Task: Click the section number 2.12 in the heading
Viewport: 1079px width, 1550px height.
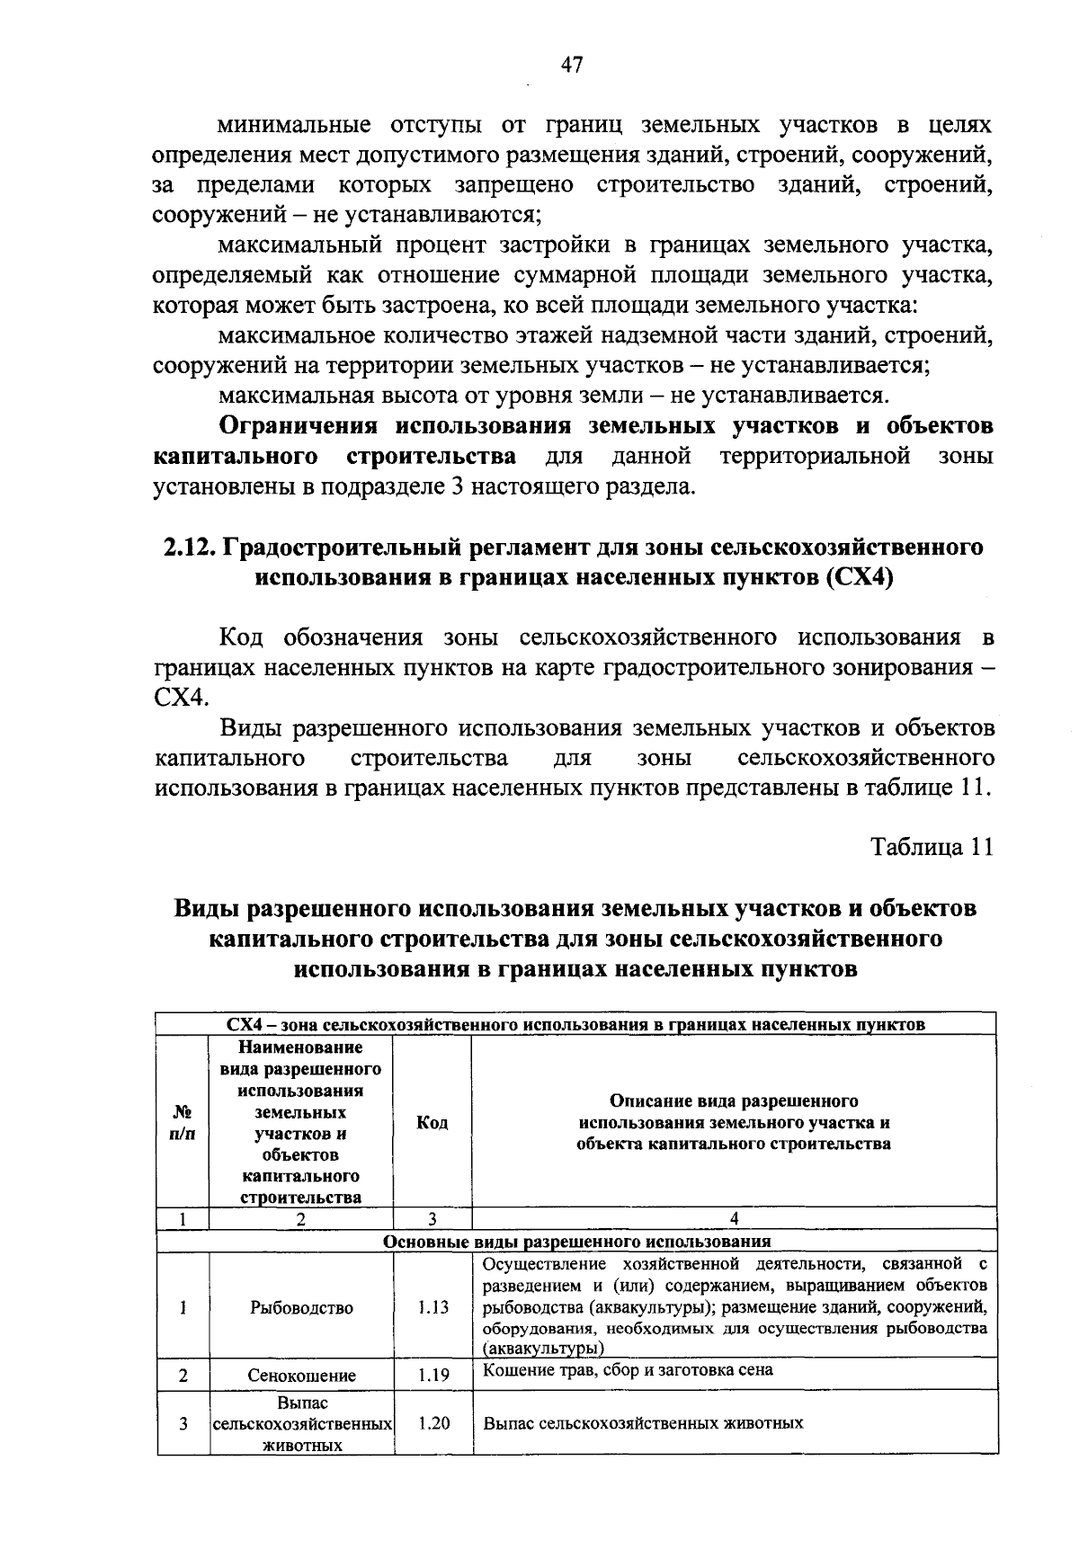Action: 187,547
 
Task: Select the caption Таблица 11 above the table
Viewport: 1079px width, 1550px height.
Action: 932,847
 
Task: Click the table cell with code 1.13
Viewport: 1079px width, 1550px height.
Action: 432,1307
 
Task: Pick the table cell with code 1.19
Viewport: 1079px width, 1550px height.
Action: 432,1375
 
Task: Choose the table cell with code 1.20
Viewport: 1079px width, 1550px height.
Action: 432,1423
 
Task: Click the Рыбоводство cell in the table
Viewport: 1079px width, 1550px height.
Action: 301,1307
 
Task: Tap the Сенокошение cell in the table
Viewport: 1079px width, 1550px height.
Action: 301,1376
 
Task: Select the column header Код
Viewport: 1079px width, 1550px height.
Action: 432,1123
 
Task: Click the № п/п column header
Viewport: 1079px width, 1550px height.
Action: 183,1123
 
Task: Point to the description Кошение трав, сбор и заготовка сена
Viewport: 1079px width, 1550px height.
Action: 628,1370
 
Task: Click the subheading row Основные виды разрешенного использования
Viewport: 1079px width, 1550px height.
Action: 576,1242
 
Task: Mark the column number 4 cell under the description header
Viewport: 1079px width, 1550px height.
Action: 734,1219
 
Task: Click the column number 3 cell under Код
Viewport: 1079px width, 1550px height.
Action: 432,1219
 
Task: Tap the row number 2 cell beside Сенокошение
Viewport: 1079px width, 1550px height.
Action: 183,1376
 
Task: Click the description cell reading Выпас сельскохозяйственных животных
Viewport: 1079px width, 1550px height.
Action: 643,1423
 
